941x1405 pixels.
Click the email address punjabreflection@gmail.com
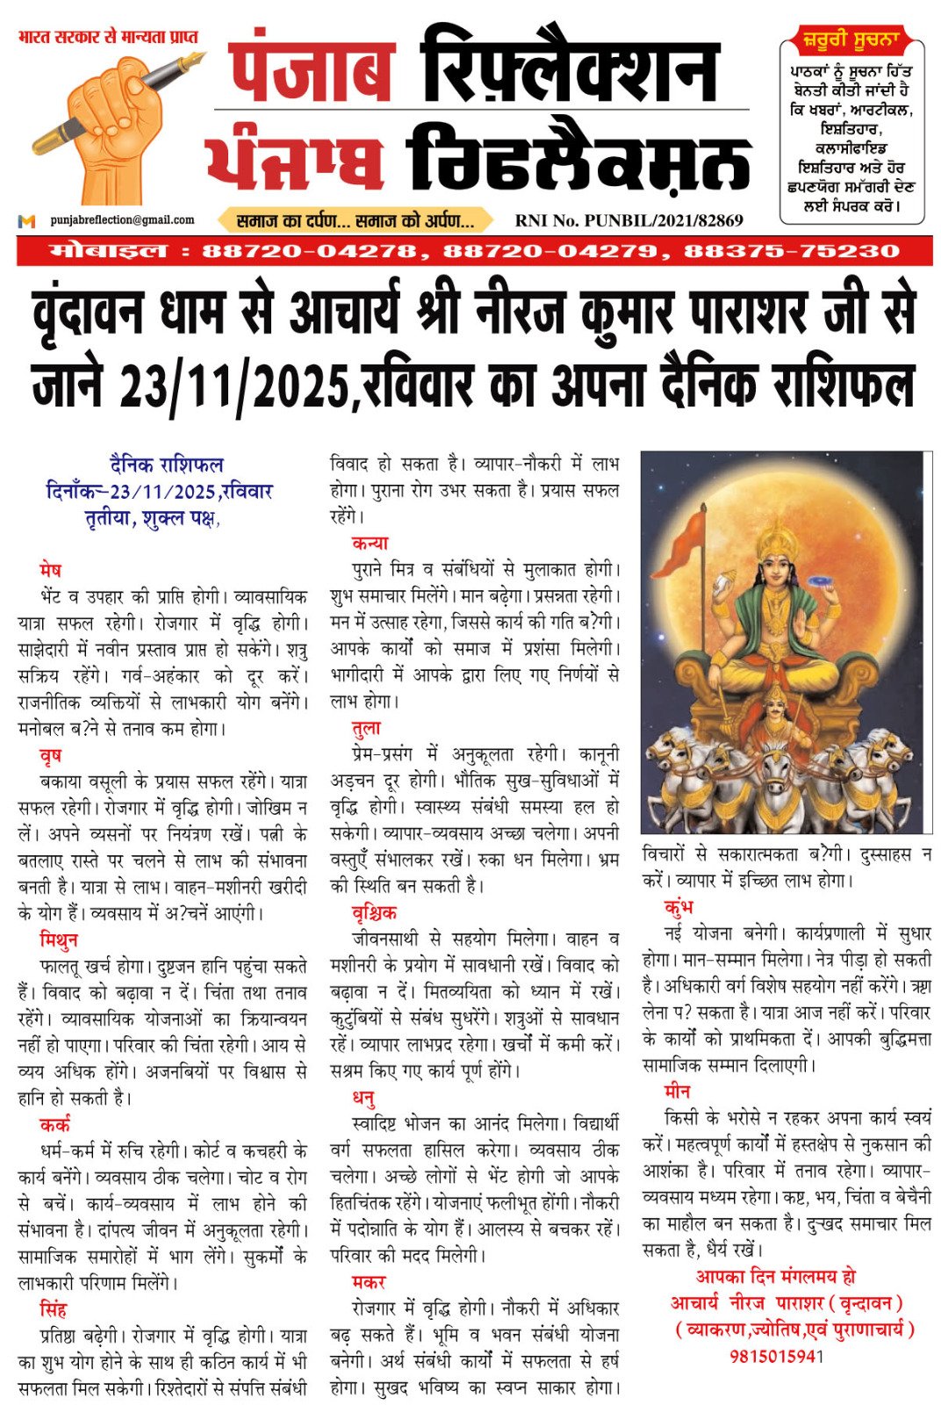click(x=122, y=220)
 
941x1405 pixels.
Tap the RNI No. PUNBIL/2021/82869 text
click(x=629, y=220)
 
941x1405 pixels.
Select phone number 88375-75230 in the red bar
click(x=792, y=251)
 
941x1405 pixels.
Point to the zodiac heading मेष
click(x=51, y=570)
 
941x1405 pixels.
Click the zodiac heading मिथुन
click(x=59, y=940)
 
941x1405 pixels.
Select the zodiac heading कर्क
click(x=54, y=1124)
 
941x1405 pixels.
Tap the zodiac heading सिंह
click(x=54, y=1309)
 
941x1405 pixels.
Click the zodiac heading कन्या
click(x=370, y=543)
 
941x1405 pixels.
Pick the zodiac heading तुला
click(x=366, y=728)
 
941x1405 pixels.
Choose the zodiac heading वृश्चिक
click(x=374, y=912)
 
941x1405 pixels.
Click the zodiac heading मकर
click(x=369, y=1282)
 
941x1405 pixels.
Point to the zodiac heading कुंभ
click(x=679, y=906)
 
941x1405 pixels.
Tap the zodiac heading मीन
click(x=678, y=1092)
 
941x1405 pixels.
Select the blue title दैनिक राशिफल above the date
click(x=167, y=465)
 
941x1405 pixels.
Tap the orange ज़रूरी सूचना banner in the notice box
click(x=850, y=40)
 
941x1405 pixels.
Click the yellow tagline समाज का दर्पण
click(x=356, y=220)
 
